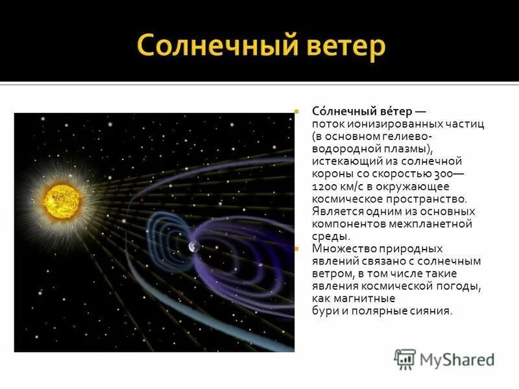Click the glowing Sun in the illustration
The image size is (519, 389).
(x=60, y=200)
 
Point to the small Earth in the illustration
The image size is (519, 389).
(x=194, y=246)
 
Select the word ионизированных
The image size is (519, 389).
(x=383, y=123)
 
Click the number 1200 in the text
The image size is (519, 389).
(x=324, y=187)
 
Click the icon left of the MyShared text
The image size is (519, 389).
(x=405, y=359)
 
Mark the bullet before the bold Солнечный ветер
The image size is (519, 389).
(x=295, y=112)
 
